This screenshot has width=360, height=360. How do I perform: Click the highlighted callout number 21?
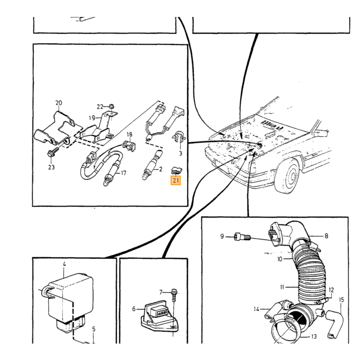click(x=176, y=181)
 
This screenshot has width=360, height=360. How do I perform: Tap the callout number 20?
click(x=59, y=103)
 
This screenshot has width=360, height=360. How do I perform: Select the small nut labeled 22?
click(x=112, y=106)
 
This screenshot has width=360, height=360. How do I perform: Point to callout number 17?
click(x=123, y=173)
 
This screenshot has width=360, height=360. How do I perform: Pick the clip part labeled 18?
click(x=129, y=146)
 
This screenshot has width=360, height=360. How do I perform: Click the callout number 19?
click(x=92, y=118)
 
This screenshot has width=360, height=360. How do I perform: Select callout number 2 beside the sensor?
click(x=160, y=169)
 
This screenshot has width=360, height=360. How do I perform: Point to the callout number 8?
click(x=326, y=236)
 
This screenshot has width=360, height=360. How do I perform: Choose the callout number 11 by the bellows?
click(x=282, y=287)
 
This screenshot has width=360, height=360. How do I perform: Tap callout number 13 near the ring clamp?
click(x=314, y=336)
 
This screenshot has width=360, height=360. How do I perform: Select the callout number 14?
click(x=257, y=309)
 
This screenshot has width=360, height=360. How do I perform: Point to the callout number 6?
click(x=134, y=309)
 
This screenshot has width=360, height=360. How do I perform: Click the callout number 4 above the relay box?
click(x=64, y=264)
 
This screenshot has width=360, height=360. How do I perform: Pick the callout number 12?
click(x=331, y=290)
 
